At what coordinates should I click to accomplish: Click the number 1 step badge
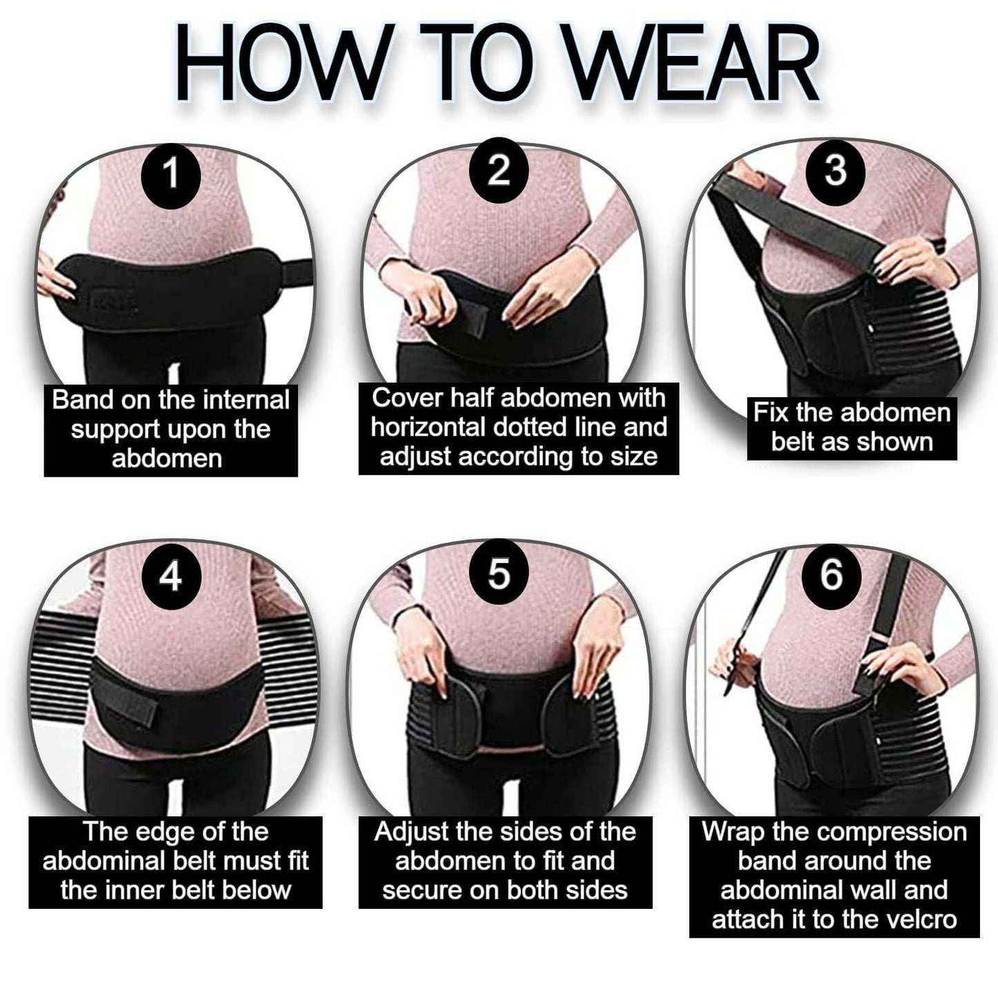(171, 173)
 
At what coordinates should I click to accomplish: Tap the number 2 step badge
(499, 171)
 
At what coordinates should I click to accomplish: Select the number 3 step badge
(835, 169)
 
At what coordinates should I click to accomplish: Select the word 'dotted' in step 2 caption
(526, 428)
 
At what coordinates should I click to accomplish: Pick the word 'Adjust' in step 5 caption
(411, 832)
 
